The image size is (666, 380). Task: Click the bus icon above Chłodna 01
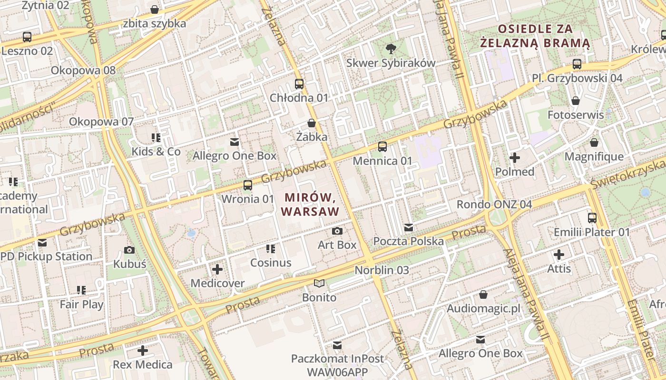(299, 84)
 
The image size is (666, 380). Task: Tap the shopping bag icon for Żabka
(312, 123)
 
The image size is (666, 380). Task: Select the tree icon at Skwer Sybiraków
(391, 48)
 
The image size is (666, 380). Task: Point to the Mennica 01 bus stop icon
(382, 147)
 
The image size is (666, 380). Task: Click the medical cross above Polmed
(514, 158)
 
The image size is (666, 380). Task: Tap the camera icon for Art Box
(337, 231)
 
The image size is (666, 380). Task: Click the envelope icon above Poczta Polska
(408, 228)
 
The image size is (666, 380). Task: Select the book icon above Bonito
(319, 284)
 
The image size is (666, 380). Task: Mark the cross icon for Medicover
(217, 270)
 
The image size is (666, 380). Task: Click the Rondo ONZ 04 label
(494, 204)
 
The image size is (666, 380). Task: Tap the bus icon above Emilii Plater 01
(592, 218)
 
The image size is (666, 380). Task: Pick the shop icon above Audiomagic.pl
(483, 295)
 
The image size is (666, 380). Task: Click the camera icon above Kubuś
(129, 250)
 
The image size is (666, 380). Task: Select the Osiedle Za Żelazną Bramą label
(535, 36)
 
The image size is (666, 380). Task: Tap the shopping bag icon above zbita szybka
(155, 9)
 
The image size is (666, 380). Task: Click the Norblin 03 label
(382, 270)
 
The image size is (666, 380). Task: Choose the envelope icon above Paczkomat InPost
(337, 345)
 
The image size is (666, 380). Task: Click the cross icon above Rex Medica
(142, 351)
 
